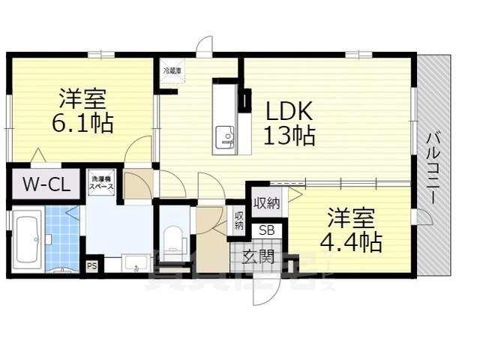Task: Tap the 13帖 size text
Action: (x=288, y=136)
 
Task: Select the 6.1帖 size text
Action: (x=83, y=122)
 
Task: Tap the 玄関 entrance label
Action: (x=257, y=256)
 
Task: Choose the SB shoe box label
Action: (x=266, y=231)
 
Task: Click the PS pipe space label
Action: (x=92, y=266)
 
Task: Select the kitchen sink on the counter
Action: (x=224, y=137)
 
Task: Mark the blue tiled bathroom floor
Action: (x=61, y=236)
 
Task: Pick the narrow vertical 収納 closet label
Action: (x=238, y=220)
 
